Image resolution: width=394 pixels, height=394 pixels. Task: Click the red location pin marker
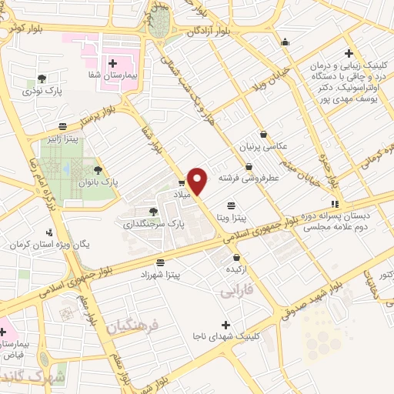click(x=199, y=180)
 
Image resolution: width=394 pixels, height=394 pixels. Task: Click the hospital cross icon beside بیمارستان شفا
click(x=114, y=64)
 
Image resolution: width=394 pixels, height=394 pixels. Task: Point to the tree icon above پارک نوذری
click(x=42, y=78)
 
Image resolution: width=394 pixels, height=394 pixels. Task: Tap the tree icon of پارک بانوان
click(x=98, y=170)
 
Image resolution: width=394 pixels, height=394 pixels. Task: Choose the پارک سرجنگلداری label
click(x=149, y=224)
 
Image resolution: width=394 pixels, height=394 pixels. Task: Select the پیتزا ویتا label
click(x=231, y=218)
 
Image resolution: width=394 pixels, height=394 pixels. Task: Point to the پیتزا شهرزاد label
click(x=160, y=275)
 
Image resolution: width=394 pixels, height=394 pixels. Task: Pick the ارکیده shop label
click(x=235, y=270)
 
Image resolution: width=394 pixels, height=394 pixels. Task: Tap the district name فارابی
click(x=236, y=292)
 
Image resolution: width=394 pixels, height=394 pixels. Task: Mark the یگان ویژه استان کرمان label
click(x=51, y=244)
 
